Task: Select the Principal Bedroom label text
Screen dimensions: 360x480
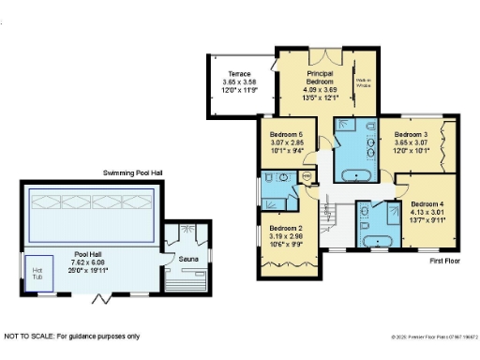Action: pyautogui.click(x=320, y=78)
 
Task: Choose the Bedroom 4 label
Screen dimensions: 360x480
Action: pyautogui.click(x=426, y=203)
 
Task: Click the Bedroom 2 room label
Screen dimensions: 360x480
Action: pyautogui.click(x=285, y=228)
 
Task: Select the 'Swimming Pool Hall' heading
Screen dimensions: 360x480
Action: pyautogui.click(x=136, y=174)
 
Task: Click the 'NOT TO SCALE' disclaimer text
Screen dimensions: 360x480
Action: pyautogui.click(x=71, y=336)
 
